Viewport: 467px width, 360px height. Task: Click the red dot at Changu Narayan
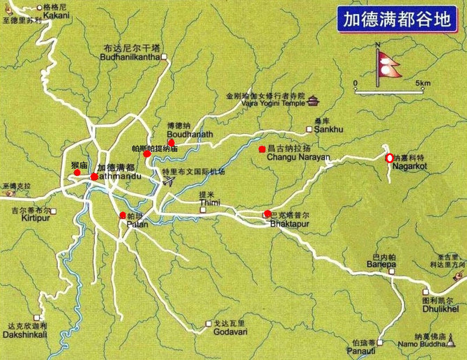pyautogui.click(x=262, y=149)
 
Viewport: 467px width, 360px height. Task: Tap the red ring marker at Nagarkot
pyautogui.click(x=389, y=157)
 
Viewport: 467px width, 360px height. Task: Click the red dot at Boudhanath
pyautogui.click(x=171, y=142)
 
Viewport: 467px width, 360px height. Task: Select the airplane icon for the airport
pyautogui.click(x=168, y=181)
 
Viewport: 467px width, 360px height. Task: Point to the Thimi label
pyautogui.click(x=209, y=203)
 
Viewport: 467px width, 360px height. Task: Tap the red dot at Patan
pyautogui.click(x=123, y=215)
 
